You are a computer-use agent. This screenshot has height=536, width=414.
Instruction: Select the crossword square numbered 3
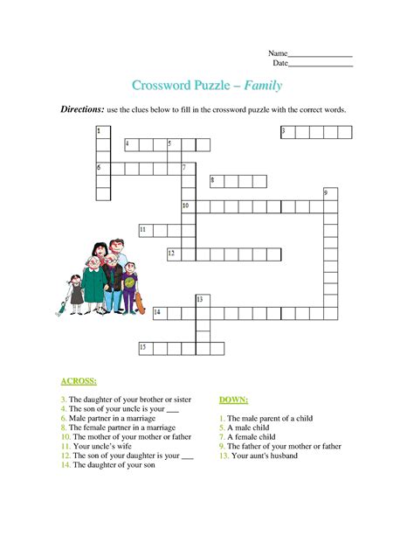coord(287,132)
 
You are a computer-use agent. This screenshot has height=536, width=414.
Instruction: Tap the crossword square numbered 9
coord(330,195)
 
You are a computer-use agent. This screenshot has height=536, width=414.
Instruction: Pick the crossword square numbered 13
coord(203,301)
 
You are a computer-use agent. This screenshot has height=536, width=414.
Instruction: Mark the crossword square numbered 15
coord(146,348)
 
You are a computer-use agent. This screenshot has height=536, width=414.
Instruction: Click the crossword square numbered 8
coord(217,181)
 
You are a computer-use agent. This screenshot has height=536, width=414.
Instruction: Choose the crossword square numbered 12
coord(175,254)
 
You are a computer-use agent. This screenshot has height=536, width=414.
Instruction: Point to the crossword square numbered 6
coord(103,168)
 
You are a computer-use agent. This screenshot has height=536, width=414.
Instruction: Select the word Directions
coord(81,110)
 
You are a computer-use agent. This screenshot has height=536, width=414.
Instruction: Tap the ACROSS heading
coord(79,382)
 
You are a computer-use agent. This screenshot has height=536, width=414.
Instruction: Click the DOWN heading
coord(234,400)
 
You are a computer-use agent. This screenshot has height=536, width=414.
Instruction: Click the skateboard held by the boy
coord(138,303)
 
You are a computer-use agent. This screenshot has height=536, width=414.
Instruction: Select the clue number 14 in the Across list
coord(65,466)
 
